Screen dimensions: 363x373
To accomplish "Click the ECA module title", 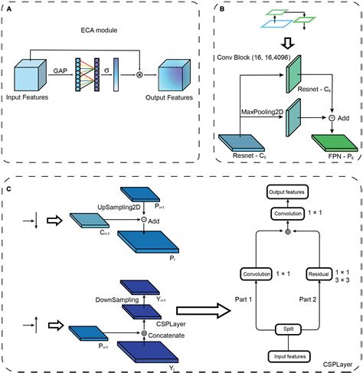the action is coord(99,30).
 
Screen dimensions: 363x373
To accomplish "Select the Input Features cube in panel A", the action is coord(30,75).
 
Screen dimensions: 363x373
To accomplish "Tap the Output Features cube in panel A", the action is coord(174,75).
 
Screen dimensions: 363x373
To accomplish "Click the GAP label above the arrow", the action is coord(60,70).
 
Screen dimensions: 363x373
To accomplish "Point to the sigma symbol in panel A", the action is coord(106,70).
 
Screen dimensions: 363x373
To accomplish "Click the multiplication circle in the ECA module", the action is coord(139,75).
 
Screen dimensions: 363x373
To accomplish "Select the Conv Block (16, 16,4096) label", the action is coord(253,57).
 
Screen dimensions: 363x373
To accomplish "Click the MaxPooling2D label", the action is coord(262,112).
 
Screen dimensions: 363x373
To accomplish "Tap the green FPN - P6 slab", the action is coord(335,143).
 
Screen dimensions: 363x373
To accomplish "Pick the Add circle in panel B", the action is coord(332,118).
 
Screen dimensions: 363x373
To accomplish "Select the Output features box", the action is coord(287,191).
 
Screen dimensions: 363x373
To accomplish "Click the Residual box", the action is coord(319,274).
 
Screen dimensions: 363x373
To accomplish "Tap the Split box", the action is coord(289,329).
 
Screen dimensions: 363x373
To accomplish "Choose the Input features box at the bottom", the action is coord(289,356).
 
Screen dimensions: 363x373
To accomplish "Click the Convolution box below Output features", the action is coord(288,214).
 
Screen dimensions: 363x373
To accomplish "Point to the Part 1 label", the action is coord(244,299).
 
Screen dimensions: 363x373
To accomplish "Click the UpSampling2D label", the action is coord(119,207).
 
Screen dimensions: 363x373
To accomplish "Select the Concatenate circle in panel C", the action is coord(144,333).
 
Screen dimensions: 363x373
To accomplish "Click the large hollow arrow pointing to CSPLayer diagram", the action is coord(204,310).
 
